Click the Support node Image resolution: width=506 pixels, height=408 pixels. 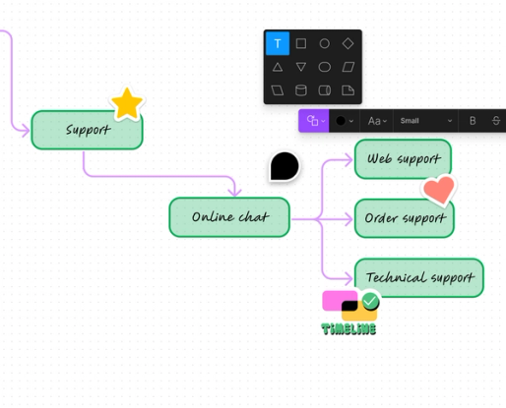87,130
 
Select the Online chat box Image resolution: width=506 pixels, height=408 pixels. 228,217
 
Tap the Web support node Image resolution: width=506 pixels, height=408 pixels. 402,158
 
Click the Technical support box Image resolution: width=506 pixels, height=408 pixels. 418,277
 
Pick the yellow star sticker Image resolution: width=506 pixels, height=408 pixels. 127,103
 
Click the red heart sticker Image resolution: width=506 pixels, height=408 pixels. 438,189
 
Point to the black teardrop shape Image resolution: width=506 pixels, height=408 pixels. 285,166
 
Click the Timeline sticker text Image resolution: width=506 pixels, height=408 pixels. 348,328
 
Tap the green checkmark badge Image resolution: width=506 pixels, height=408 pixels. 370,301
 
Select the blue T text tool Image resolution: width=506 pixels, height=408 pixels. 278,43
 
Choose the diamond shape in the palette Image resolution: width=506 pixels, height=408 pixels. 348,43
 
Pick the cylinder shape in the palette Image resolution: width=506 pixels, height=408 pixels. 301,90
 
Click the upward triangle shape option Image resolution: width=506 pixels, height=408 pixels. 278,67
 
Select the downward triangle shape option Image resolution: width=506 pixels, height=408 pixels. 301,67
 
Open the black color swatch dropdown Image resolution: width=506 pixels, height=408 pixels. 344,121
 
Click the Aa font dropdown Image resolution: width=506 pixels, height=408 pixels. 376,121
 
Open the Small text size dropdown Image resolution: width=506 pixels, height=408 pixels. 425,121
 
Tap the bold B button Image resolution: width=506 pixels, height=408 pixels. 473,121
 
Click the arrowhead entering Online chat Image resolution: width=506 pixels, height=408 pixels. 234,191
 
